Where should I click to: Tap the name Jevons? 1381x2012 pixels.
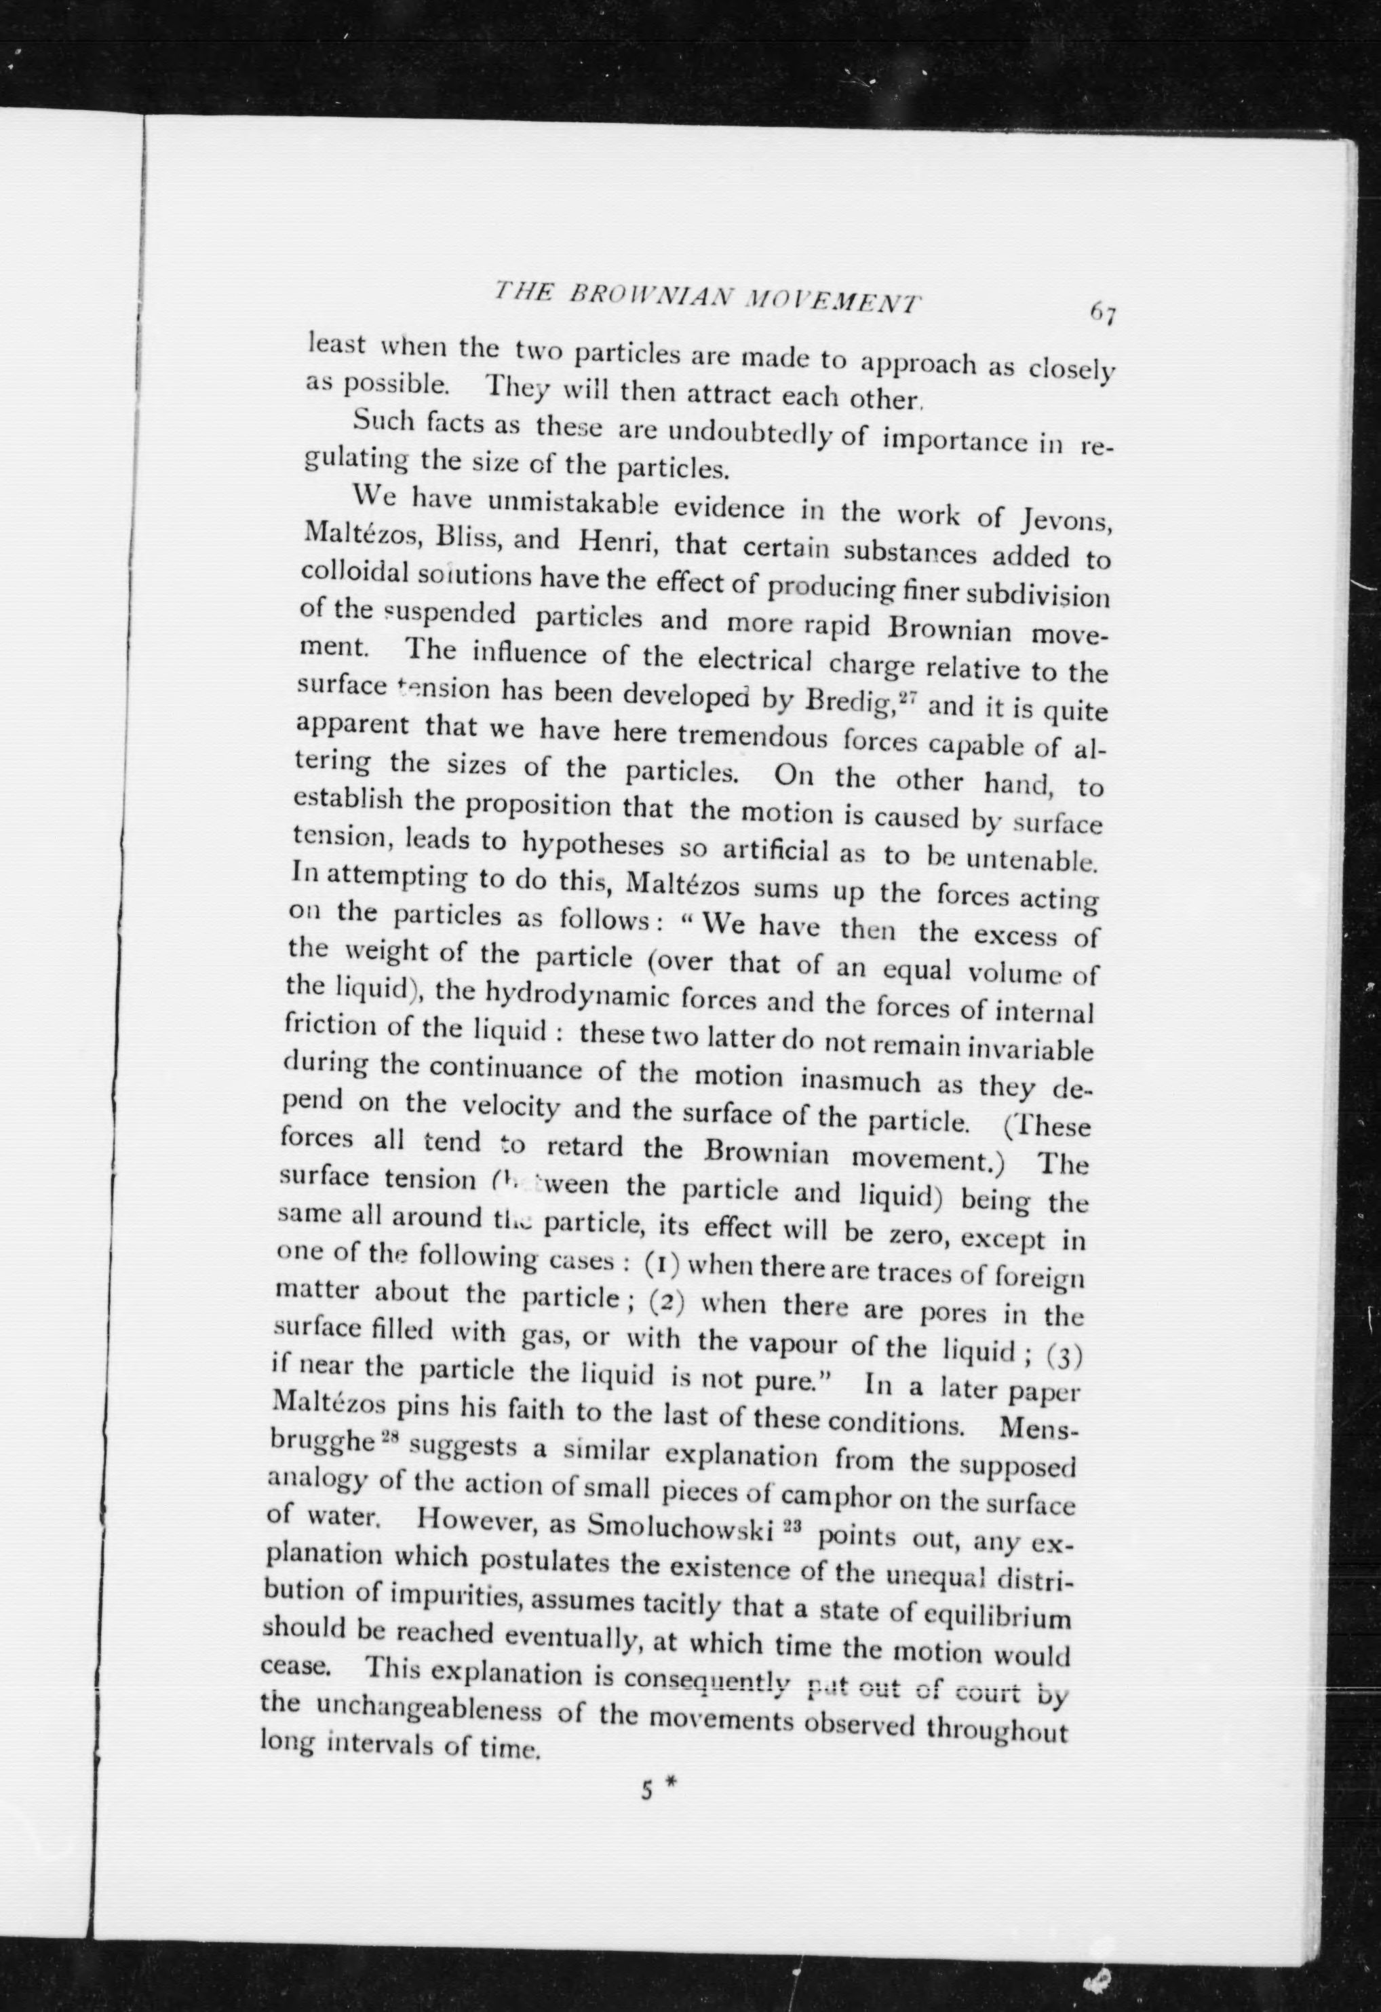[x=1065, y=521]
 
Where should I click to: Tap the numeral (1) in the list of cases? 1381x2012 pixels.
[x=660, y=1265]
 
